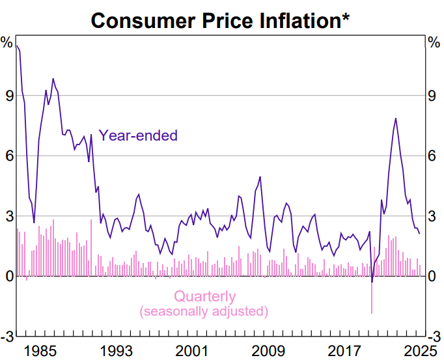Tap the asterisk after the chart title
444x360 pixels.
click(x=345, y=17)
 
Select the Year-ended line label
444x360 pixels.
click(x=138, y=136)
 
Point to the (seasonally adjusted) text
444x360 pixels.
click(x=204, y=311)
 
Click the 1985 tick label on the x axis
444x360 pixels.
click(x=44, y=350)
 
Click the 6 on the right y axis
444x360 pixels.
click(x=433, y=156)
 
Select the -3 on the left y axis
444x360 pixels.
click(x=7, y=336)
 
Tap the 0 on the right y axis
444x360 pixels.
click(x=433, y=276)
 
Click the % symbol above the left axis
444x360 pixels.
click(x=7, y=43)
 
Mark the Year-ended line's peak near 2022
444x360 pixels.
click(x=395, y=118)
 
